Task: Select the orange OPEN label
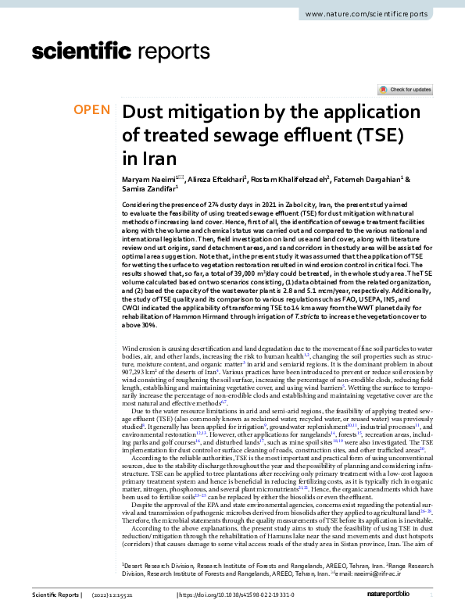pos(91,110)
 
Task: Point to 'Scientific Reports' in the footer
pos(55,595)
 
